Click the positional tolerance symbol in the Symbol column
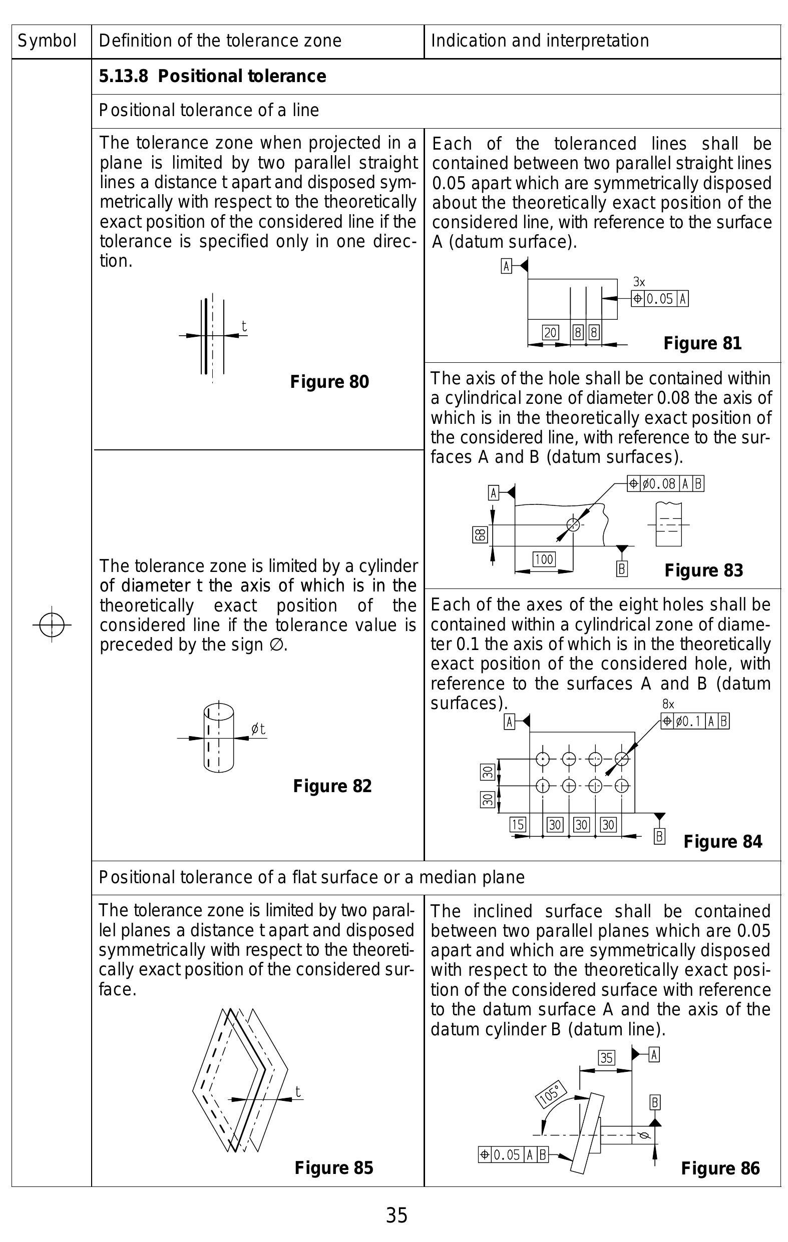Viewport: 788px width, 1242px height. click(52, 625)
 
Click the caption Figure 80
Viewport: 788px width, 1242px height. click(329, 382)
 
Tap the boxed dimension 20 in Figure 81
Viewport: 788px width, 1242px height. click(550, 333)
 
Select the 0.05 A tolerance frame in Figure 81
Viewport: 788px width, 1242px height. click(659, 299)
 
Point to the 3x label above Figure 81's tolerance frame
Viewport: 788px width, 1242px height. click(639, 282)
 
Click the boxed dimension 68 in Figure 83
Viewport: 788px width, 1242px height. click(480, 535)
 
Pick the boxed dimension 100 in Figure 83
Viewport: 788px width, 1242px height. click(544, 559)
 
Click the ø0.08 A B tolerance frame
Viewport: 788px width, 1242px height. click(665, 484)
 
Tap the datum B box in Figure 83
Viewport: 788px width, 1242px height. click(622, 569)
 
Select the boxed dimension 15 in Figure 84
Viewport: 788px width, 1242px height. click(518, 825)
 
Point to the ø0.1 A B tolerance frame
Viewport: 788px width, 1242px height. click(695, 721)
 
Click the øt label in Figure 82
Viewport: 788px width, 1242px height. click(258, 729)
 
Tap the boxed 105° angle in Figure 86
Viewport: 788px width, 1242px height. click(551, 1093)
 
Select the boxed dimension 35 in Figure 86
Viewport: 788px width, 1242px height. click(606, 1058)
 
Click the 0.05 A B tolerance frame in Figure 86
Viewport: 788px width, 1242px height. click(513, 1154)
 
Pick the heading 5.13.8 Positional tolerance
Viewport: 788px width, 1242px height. click(212, 77)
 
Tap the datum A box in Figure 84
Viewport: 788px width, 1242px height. click(509, 722)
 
